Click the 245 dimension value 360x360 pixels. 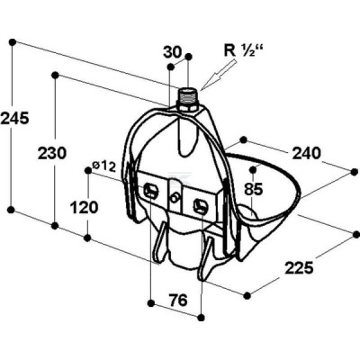pos(14,118)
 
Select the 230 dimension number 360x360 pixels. pos(52,153)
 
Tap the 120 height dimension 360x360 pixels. pos(84,207)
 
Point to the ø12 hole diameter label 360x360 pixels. pos(104,166)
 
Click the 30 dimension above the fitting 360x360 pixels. pos(173,52)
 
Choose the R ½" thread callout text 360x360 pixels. pos(243,50)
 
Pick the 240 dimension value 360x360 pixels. pos(307,153)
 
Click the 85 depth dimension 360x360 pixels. pos(254,189)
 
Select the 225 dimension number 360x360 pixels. pos(299,267)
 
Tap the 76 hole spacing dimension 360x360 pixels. pos(178,300)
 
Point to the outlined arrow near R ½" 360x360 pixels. pos(218,74)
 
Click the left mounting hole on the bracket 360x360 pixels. pos(150,190)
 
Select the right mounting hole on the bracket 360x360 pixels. pos(200,205)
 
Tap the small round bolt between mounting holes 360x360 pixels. pos(175,198)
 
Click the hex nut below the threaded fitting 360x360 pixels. pos(186,107)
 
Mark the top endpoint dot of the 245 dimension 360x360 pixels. pos(13,41)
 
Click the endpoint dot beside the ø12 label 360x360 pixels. pos(88,170)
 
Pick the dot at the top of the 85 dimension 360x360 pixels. pos(254,170)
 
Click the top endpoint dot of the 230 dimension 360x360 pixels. pos(55,75)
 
